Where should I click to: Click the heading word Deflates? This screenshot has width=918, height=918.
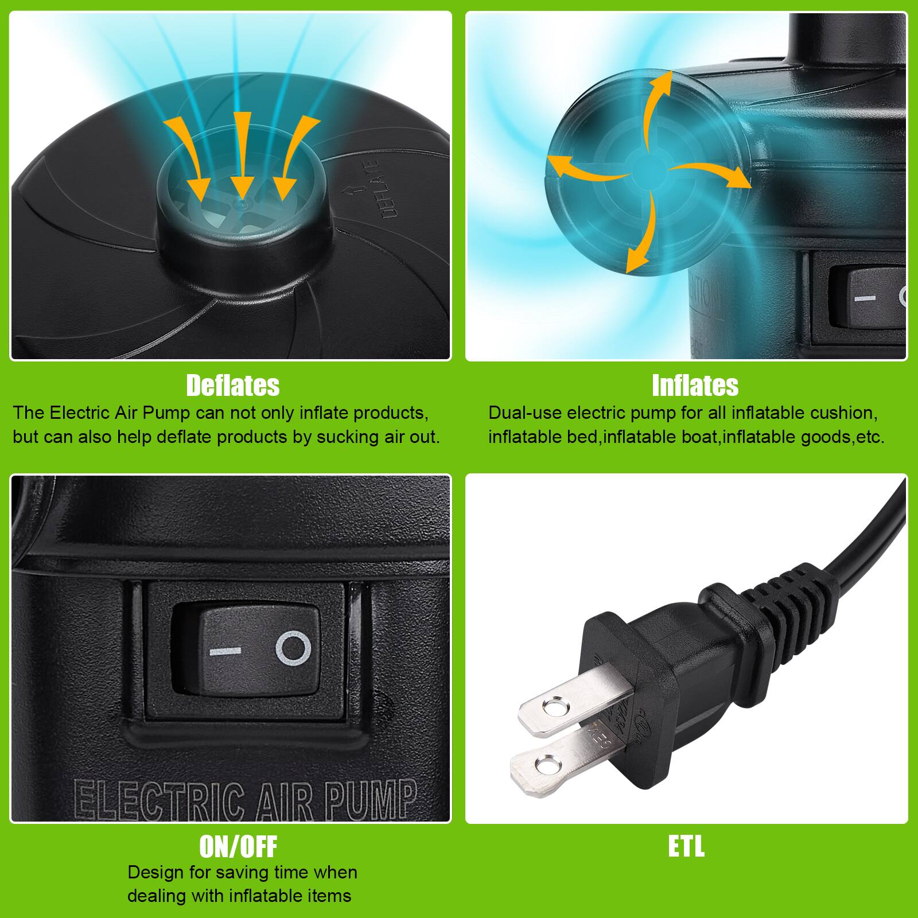pos(232,386)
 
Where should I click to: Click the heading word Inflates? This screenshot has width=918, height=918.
pos(695,386)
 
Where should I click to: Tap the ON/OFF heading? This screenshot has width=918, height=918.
pos(238,846)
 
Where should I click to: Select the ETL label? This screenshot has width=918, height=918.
pos(686,846)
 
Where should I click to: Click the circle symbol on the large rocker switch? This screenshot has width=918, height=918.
pos(293,649)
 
